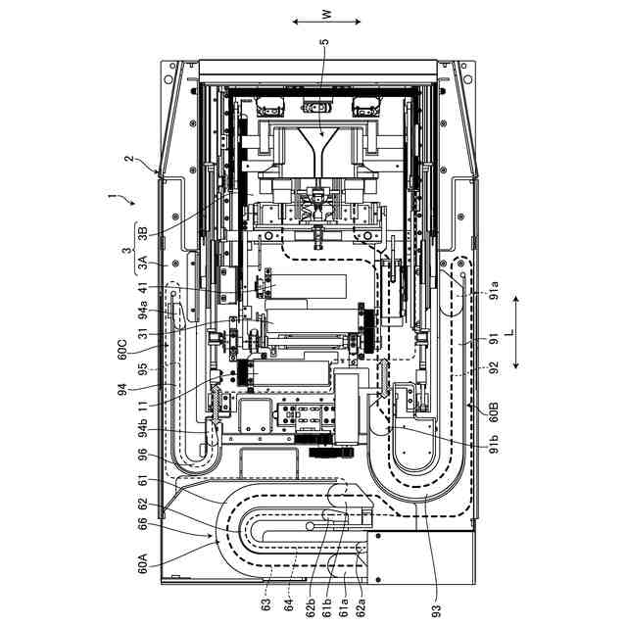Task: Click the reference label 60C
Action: coord(122,349)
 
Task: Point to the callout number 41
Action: coord(143,288)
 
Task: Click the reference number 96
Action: coord(143,456)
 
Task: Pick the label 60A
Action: coord(143,563)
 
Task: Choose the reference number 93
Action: coord(437,610)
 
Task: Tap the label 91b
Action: coord(495,443)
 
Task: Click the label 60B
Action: coord(495,412)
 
